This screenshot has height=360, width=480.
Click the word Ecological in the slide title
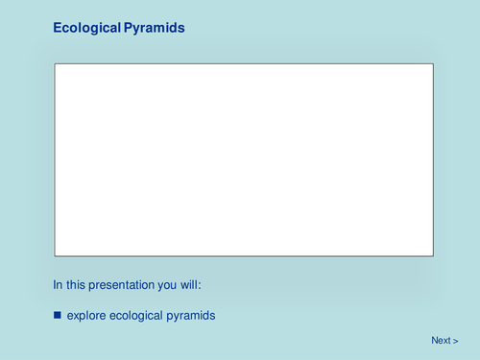coord(86,29)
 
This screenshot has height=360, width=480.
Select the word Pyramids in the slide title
coord(154,29)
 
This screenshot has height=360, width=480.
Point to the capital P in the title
coord(128,29)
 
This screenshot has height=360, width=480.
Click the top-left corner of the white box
coord(55,64)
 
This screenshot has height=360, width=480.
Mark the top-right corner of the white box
coord(433,64)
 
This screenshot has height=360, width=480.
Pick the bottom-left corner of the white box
coord(55,255)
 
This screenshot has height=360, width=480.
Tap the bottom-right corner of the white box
coord(433,255)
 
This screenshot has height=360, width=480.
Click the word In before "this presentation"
coord(58,284)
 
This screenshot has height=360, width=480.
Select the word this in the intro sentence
coord(76,284)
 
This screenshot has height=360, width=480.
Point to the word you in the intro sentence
coord(171,284)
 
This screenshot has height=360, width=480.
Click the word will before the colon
coord(192,284)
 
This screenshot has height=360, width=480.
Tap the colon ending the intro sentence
coord(201,285)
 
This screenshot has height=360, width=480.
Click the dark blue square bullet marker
coord(58,315)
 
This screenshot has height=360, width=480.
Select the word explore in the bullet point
coord(86,315)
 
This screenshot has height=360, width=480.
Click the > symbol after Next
coord(456,341)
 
